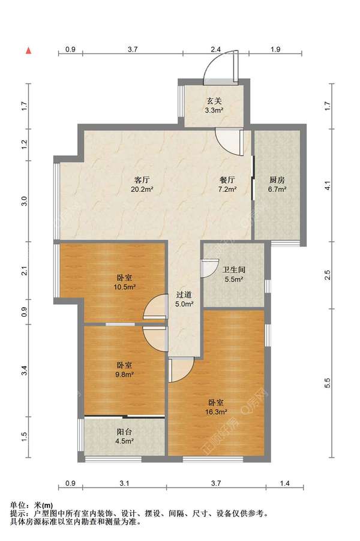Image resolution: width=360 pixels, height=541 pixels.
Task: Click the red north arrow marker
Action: click(29, 51)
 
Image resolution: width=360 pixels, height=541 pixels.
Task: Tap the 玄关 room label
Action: click(214, 101)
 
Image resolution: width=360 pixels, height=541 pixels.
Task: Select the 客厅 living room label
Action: click(142, 180)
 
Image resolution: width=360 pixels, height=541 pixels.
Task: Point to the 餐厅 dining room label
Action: click(227, 180)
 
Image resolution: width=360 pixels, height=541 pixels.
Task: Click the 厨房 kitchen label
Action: click(277, 180)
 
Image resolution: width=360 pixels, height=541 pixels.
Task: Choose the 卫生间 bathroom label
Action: click(233, 270)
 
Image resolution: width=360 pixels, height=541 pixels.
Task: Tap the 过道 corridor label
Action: click(184, 294)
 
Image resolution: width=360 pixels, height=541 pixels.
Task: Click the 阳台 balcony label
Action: click(124, 432)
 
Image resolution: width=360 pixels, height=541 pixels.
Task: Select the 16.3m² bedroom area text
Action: click(216, 411)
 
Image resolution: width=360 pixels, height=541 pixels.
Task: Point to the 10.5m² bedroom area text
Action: click(124, 287)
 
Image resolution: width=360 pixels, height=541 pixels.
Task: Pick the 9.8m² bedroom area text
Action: click(124, 374)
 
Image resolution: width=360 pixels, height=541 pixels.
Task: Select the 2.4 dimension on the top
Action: click(216, 49)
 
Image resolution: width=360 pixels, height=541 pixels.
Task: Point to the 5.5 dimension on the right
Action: click(328, 383)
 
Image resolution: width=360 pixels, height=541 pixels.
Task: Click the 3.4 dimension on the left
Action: click(24, 371)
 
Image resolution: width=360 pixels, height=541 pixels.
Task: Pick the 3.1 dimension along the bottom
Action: click(124, 483)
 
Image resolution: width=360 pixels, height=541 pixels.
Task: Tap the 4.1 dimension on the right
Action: click(328, 185)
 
